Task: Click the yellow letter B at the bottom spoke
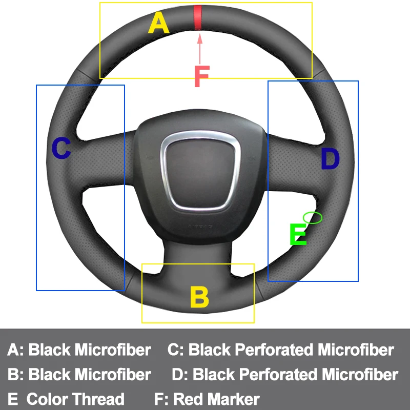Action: point(199,297)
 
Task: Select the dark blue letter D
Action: point(330,159)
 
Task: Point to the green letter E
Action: point(298,235)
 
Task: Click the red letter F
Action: point(201,77)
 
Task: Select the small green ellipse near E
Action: point(313,218)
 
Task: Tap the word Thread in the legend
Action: point(98,399)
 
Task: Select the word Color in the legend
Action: point(47,399)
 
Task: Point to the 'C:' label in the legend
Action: point(176,350)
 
